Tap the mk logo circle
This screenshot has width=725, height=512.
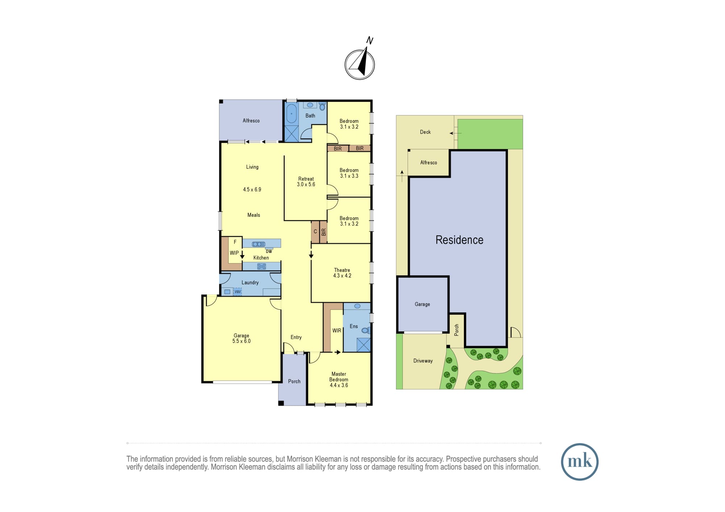coord(580,462)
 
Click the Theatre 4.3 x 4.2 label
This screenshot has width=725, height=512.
coord(342,273)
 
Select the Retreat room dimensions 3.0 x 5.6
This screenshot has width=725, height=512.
coord(306,184)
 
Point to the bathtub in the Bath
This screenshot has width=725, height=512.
coord(291,114)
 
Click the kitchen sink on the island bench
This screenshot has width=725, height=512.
coord(258,244)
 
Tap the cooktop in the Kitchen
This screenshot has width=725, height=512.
coord(261,267)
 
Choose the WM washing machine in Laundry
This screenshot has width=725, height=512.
coord(237,291)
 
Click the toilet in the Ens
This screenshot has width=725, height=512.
coord(366,330)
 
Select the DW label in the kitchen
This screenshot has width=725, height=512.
coord(269,251)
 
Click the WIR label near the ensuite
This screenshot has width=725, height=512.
coord(337,331)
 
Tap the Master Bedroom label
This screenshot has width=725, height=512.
coord(339,377)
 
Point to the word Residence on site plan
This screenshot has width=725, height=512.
coord(459,240)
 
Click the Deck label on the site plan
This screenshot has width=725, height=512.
coord(425,132)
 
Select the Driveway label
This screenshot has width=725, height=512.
coord(423,361)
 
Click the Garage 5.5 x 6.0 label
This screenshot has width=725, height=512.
coord(241,338)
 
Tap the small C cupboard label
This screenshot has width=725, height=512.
coord(315,232)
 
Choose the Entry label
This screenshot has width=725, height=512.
coord(296,337)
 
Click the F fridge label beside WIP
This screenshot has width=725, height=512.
coord(235,242)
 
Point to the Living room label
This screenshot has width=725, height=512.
coord(252,167)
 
